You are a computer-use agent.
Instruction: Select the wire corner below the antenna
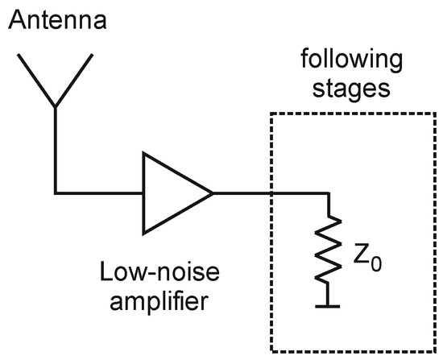[x=55, y=192]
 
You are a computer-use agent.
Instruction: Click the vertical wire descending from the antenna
[x=55, y=149]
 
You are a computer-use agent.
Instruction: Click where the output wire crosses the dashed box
[x=272, y=192]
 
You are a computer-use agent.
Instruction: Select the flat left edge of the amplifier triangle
[x=143, y=192]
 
